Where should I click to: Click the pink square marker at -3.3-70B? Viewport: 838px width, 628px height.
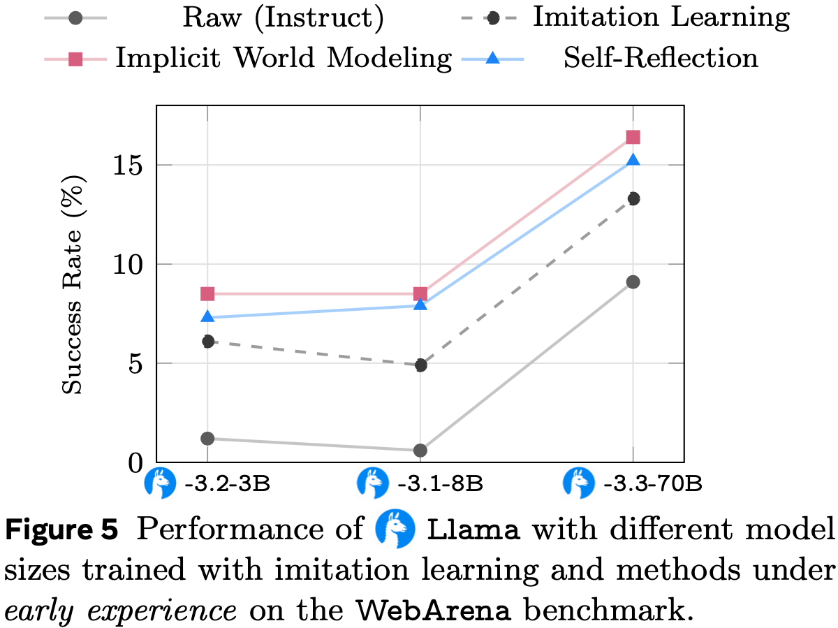coord(633,138)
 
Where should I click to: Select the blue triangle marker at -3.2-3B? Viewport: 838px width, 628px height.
coord(207,317)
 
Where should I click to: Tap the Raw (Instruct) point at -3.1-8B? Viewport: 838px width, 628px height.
coord(420,450)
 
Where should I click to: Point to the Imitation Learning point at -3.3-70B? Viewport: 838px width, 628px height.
coord(633,198)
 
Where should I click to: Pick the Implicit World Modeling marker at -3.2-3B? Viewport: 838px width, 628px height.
coord(207,293)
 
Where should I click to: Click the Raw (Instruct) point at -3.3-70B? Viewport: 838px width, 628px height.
coord(633,282)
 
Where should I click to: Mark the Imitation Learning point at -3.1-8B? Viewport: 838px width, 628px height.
coord(420,365)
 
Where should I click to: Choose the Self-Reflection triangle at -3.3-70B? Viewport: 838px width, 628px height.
coord(633,161)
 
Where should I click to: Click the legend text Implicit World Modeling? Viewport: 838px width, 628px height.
coord(284,58)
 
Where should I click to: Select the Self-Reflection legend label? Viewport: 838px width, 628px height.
coord(660,58)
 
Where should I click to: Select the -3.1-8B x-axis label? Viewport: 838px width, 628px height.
coord(439,483)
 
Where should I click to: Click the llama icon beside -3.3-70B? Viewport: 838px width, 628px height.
coord(580,483)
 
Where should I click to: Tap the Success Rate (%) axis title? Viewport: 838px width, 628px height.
coord(73,285)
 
